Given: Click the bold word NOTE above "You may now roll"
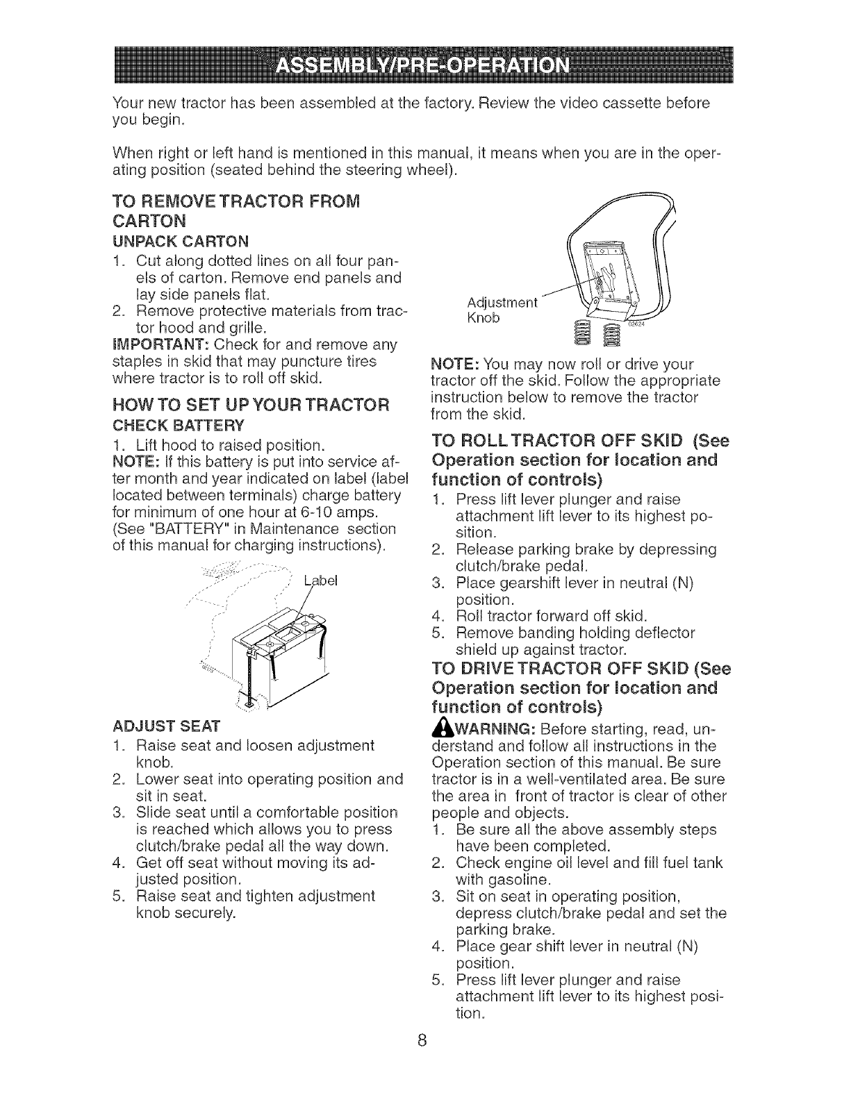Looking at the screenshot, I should click(x=454, y=364).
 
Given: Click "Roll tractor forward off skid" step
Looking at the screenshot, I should click(x=552, y=615).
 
